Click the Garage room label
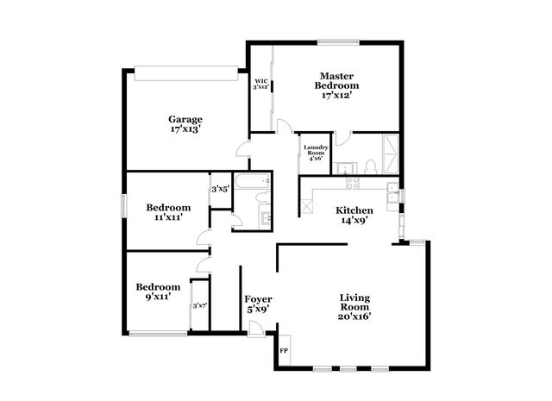185,119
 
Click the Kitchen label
354,210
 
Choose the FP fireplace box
285,352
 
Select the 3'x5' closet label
220,189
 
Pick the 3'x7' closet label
200,305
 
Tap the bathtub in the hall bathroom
254,182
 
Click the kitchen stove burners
351,182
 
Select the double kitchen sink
393,194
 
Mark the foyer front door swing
255,326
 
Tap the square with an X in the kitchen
306,207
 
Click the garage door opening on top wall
185,72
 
